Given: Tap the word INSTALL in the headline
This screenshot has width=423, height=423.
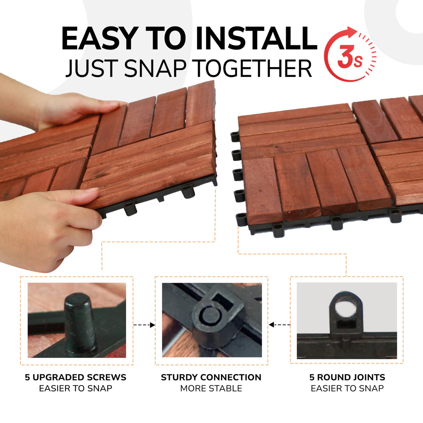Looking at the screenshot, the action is (256, 38).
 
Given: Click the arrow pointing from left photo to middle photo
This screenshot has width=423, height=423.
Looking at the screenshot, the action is (144, 325).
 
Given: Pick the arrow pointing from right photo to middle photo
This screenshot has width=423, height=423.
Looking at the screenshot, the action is (279, 325).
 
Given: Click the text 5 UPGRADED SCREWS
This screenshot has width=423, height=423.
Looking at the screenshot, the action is (76, 377).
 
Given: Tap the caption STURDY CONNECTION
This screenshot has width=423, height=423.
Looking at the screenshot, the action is (211, 377).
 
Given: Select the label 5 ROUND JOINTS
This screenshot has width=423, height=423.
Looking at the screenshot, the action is (347, 377).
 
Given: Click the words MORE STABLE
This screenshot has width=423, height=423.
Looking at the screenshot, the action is (211, 388).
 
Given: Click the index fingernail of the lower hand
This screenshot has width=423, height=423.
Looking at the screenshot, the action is (93, 190).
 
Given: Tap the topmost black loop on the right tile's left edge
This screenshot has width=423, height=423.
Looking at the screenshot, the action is (235, 137).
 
